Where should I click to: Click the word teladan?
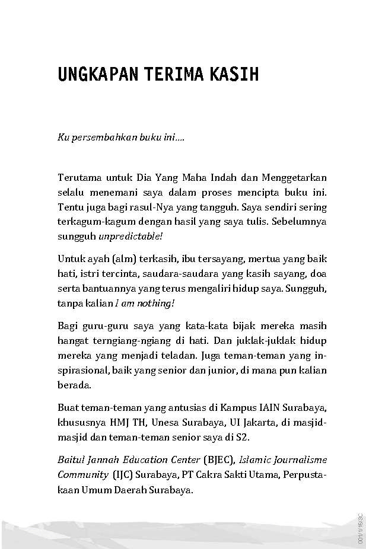click(195, 354)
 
